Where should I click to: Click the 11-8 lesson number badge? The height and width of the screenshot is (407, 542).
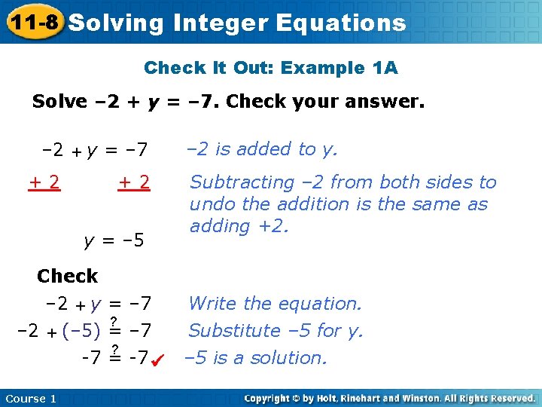point(32,22)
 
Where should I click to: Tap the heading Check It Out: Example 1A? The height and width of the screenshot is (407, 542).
point(270,68)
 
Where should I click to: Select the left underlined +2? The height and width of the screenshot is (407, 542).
point(45,182)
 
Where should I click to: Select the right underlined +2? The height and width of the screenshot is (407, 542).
point(134,182)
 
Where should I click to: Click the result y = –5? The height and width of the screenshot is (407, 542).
point(113,241)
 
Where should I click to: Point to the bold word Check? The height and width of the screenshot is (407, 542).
point(67,277)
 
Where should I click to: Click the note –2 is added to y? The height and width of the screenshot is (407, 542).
point(262,149)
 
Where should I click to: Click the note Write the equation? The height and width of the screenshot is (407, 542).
point(275,304)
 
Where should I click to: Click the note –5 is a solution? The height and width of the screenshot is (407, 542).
point(256,358)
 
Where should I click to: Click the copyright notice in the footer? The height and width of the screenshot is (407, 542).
point(389,398)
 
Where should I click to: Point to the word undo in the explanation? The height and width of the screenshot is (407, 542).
point(212,204)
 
